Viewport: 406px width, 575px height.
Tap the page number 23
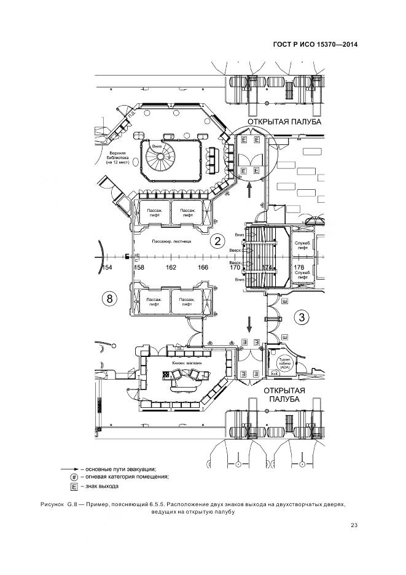(x=354, y=525)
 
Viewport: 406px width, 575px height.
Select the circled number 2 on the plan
(x=216, y=241)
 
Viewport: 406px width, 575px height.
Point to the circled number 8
(x=109, y=299)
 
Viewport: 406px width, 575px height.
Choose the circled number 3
(x=302, y=317)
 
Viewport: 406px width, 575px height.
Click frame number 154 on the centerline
(x=107, y=267)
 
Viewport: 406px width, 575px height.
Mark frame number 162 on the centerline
(x=171, y=267)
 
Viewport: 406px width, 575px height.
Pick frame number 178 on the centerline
(x=299, y=267)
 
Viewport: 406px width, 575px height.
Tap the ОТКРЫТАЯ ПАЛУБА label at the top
(x=284, y=122)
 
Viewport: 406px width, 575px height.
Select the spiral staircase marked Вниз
(x=161, y=158)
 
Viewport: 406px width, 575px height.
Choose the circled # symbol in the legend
(x=74, y=477)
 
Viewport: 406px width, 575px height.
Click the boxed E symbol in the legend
(x=74, y=487)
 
